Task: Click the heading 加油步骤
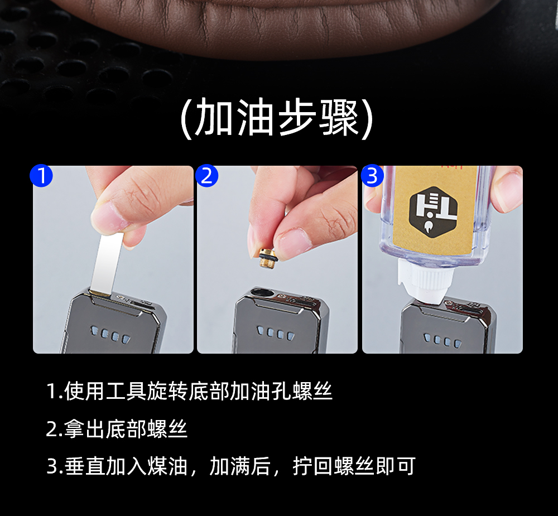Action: pyautogui.click(x=277, y=118)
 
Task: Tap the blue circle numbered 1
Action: pyautogui.click(x=41, y=175)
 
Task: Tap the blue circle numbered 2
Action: pyautogui.click(x=207, y=175)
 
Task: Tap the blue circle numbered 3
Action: pyautogui.click(x=372, y=175)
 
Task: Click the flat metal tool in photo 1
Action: pyautogui.click(x=106, y=264)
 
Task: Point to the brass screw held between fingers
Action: pyautogui.click(x=268, y=258)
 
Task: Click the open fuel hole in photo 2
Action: pyautogui.click(x=262, y=293)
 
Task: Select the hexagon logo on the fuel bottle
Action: pyautogui.click(x=433, y=211)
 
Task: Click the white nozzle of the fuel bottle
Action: pyautogui.click(x=422, y=281)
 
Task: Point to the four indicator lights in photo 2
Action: pyautogui.click(x=276, y=334)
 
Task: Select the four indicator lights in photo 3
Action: pyautogui.click(x=442, y=340)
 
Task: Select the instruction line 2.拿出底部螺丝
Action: pyautogui.click(x=117, y=428)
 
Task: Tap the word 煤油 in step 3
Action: pyautogui.click(x=167, y=466)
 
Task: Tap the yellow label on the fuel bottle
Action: pyautogui.click(x=435, y=210)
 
